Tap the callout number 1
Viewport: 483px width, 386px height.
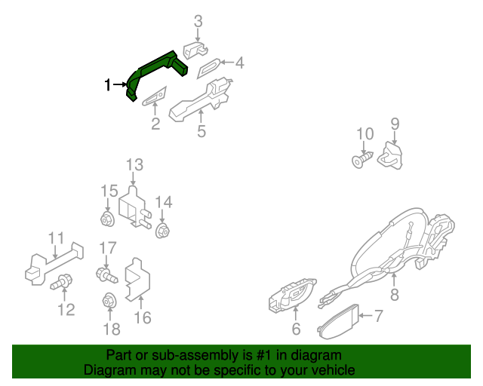108,84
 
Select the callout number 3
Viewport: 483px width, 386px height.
198,21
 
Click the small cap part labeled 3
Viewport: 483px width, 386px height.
195,50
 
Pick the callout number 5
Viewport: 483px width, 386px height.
202,132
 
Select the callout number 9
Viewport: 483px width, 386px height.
395,124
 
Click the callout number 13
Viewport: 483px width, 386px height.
134,165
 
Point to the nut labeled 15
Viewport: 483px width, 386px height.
106,220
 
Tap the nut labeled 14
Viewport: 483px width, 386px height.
162,231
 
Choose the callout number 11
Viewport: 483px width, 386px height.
57,239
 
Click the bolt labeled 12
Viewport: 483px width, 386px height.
60,283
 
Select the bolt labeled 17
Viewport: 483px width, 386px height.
103,274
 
